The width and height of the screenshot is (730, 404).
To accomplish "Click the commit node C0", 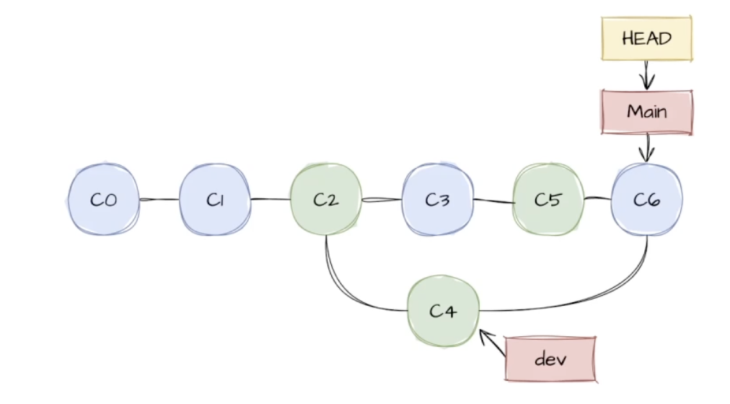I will coord(103,200).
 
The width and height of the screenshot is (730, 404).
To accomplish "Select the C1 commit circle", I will coord(214,200).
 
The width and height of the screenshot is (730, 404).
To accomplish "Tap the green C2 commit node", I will coord(325,200).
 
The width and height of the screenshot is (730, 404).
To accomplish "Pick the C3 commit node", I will coord(436,200).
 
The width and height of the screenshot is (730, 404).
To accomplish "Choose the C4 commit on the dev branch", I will coord(443,311).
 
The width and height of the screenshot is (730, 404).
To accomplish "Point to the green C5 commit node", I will coord(547,200).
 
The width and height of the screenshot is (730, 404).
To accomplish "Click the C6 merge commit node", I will coord(646,200).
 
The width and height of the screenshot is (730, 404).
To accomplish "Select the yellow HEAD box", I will coord(646,38).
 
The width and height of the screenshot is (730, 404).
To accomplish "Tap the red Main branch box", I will coord(646,112).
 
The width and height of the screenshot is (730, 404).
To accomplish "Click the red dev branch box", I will coord(550,358).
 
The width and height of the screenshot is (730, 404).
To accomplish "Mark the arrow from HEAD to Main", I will coord(646,74).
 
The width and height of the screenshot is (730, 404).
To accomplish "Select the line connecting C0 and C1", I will coord(159,200).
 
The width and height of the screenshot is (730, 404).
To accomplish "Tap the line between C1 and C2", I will coord(270,200).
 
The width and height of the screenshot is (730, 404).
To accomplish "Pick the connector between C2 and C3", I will coord(381,200).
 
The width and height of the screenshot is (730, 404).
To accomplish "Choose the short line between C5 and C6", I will coord(597,197).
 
